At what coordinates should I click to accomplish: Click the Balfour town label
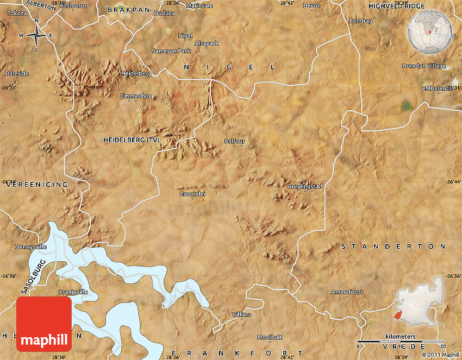pyautogui.click(x=235, y=141)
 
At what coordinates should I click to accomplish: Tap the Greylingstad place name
pyautogui.click(x=305, y=186)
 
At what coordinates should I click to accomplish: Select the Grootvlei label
pyautogui.click(x=192, y=194)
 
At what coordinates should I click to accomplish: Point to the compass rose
pyautogui.click(x=36, y=36)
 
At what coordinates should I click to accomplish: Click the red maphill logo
pyautogui.click(x=44, y=324)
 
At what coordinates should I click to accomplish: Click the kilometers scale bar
pyautogui.click(x=401, y=342)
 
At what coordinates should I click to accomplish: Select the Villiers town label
pyautogui.click(x=242, y=314)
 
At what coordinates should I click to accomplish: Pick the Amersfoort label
pyautogui.click(x=347, y=292)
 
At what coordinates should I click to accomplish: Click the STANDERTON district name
pyautogui.click(x=394, y=246)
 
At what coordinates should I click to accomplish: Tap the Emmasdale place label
pyautogui.click(x=136, y=96)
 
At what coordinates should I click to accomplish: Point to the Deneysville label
pyautogui.click(x=30, y=247)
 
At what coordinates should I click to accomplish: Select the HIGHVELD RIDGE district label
pyautogui.click(x=397, y=6)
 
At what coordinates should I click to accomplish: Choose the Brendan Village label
pyautogui.click(x=424, y=66)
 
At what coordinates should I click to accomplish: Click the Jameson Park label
pyautogui.click(x=171, y=51)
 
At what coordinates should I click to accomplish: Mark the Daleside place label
pyautogui.click(x=17, y=73)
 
